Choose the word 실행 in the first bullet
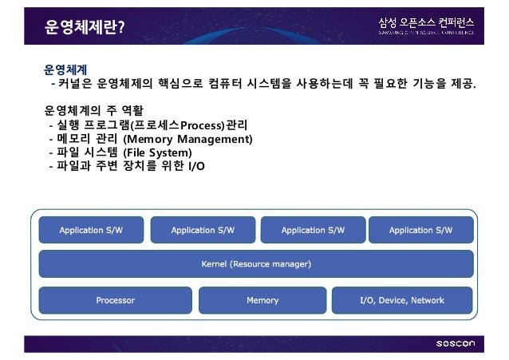click(x=68, y=125)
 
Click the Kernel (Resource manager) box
click(x=255, y=263)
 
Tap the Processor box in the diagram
click(x=115, y=301)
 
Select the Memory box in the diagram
click(x=262, y=301)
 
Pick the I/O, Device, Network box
click(x=402, y=301)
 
